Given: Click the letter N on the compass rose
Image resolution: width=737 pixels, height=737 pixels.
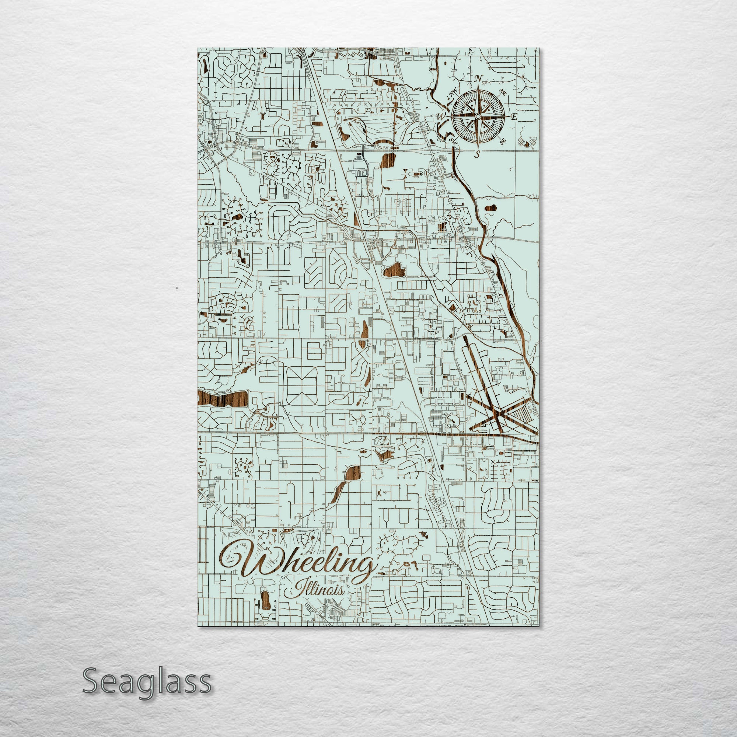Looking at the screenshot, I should tap(478, 79).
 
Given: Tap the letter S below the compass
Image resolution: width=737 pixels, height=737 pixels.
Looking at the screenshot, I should tap(477, 154).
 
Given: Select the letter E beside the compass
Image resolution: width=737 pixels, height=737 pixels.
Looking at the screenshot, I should tap(514, 117).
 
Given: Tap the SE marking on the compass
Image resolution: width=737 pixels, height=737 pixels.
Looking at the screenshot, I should tap(503, 141).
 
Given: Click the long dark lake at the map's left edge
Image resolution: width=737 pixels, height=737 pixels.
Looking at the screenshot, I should tap(223, 399).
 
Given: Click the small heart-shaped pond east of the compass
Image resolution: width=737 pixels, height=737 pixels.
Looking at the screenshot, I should tap(527, 144).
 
